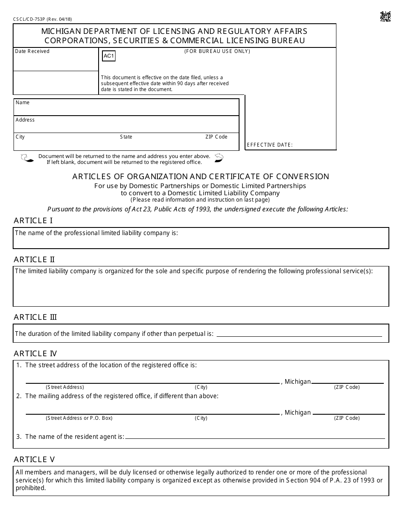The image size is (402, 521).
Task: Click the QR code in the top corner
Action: (x=385, y=17)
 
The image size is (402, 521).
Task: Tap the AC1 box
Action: (x=109, y=56)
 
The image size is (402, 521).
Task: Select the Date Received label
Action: (x=32, y=51)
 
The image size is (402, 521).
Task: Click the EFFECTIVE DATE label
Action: (x=270, y=145)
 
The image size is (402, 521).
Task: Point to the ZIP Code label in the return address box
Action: (x=216, y=137)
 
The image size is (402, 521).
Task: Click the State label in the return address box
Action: (x=126, y=137)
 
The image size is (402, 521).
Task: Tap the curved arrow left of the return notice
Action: (x=27, y=158)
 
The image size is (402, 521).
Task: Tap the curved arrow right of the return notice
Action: (x=219, y=158)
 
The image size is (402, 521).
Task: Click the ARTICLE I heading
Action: (x=33, y=221)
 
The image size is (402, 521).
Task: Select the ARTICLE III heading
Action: (x=35, y=317)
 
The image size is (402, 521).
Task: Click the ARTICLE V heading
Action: (x=34, y=460)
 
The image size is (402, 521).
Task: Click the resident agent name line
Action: (x=255, y=437)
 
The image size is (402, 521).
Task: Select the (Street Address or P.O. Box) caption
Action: (x=79, y=418)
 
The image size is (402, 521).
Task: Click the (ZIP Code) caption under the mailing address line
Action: (x=347, y=418)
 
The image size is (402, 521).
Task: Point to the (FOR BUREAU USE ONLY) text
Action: (x=217, y=51)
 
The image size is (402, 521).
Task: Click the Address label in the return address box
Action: (x=25, y=120)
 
